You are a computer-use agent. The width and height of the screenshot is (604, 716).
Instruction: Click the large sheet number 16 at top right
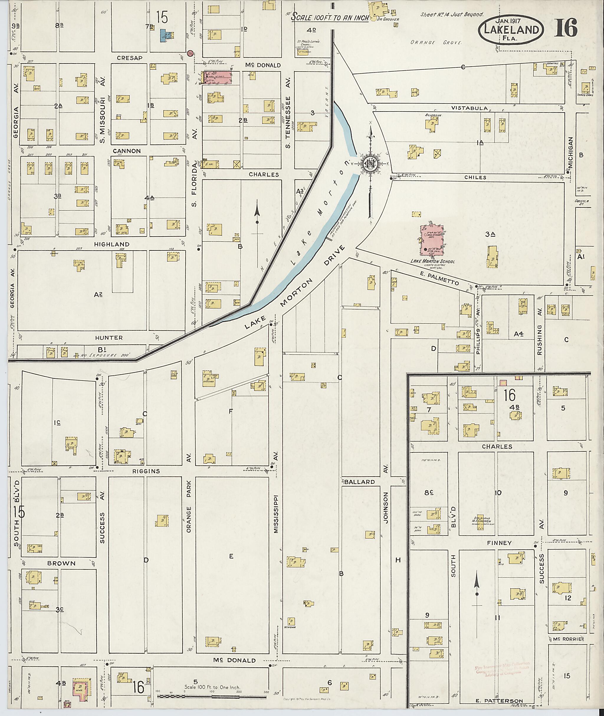566,28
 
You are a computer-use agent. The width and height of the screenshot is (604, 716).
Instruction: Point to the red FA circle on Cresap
191,53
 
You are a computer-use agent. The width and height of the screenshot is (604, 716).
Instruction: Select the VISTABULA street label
469,108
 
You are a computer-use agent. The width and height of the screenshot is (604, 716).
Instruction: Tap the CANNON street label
127,151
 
